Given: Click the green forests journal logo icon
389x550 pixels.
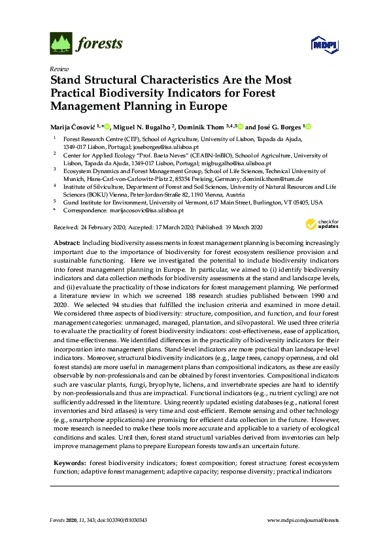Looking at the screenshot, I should [x=61, y=44].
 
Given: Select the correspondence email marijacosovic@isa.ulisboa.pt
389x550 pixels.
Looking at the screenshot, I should [x=144, y=210].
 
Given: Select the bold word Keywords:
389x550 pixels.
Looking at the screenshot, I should [x=69, y=462].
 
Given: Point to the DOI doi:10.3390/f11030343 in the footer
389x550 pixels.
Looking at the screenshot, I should [x=120, y=520].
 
